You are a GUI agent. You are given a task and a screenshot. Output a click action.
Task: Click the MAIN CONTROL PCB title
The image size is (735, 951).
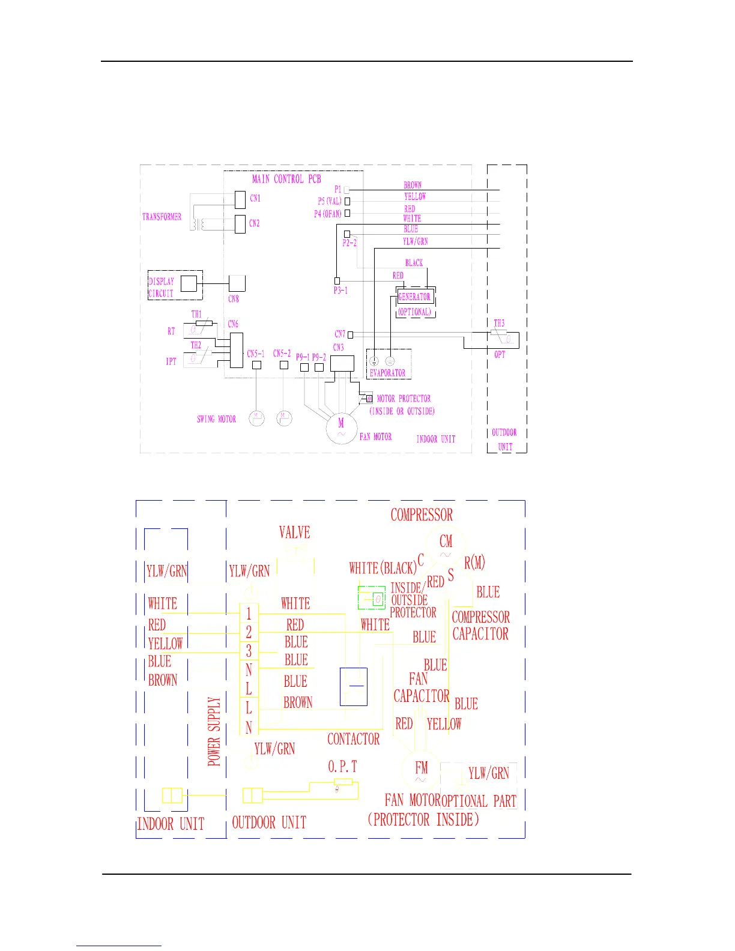pos(286,179)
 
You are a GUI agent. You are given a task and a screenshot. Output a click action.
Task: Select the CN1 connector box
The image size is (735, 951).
pos(240,199)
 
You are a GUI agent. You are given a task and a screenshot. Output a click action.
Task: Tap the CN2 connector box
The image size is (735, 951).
pos(240,224)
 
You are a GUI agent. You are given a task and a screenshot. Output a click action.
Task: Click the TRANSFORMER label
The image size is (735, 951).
pos(162,217)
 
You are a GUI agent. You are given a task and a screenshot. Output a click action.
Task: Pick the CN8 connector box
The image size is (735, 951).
pos(237,283)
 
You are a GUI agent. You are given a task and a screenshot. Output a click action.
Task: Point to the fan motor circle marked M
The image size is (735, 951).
pos(341,427)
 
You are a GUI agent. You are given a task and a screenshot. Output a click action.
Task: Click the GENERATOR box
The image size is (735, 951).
pos(414,297)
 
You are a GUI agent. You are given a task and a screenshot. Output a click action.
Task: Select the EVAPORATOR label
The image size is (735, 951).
pos(387,373)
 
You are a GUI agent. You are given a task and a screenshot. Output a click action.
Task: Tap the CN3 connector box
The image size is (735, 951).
pos(342,363)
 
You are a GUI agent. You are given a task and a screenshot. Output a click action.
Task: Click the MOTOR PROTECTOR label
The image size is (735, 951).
pos(404,399)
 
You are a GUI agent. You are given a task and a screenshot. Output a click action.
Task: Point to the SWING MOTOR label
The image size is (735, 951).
pos(216,419)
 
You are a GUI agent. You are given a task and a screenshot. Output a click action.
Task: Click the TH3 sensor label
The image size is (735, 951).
pos(499,324)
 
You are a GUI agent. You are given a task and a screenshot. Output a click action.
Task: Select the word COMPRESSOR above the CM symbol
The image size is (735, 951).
pos(422,515)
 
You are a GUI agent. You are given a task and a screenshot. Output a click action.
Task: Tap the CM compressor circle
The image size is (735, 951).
pos(446,543)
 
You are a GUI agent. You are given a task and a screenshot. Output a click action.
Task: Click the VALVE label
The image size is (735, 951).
pos(294,533)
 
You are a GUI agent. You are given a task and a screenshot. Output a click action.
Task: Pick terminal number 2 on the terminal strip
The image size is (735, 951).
pos(249,632)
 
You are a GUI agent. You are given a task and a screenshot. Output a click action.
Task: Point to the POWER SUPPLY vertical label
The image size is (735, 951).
pos(214,731)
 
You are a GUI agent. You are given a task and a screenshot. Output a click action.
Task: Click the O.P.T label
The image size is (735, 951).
pos(342,767)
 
